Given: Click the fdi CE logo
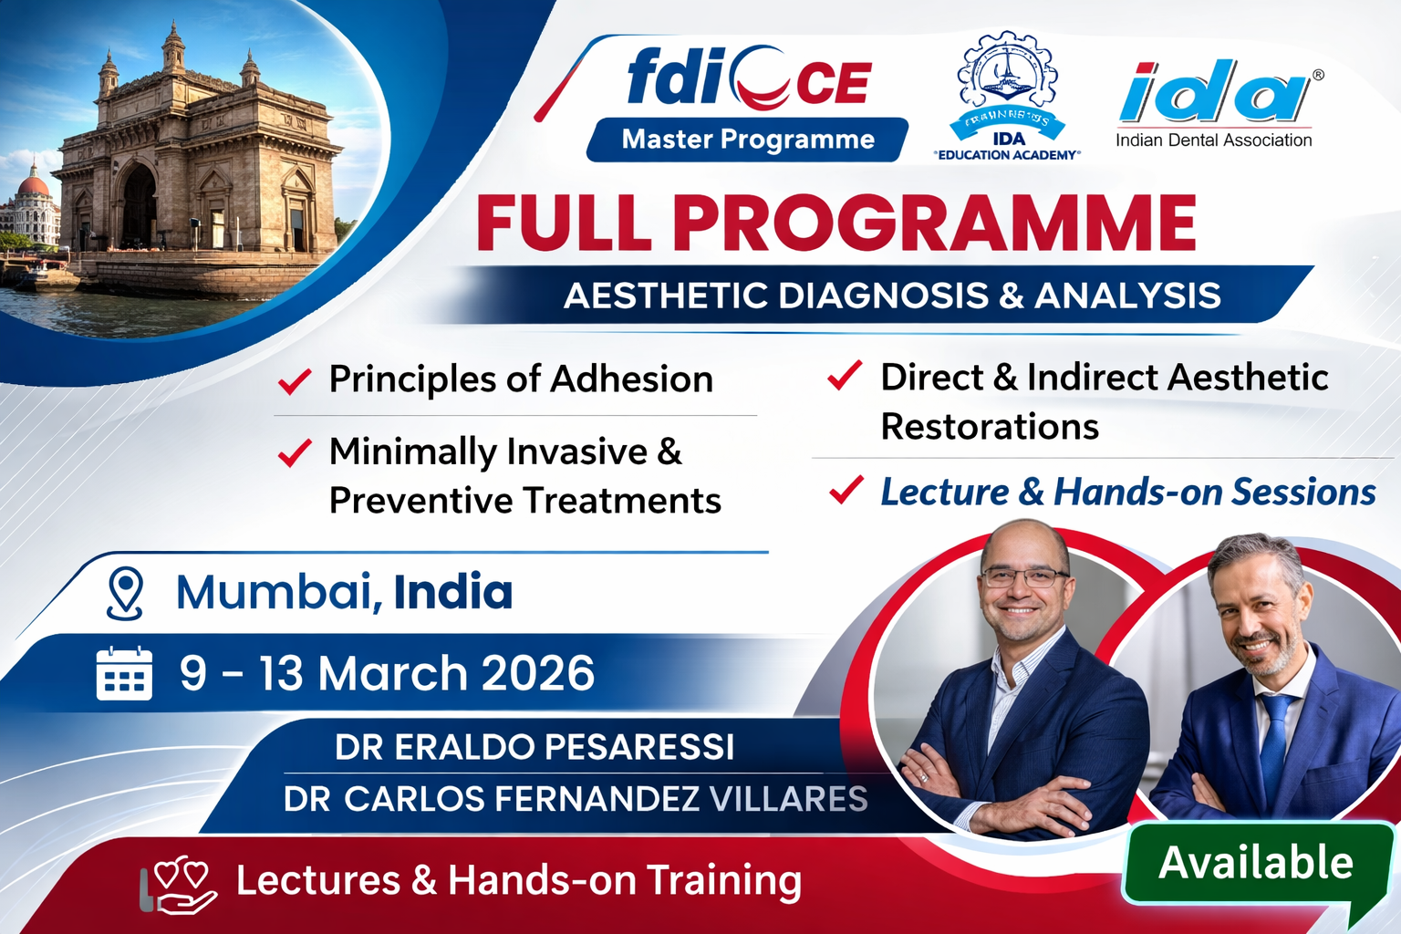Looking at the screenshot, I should tap(748, 80).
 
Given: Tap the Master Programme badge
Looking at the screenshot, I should tap(748, 140).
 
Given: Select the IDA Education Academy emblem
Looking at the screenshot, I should tap(1008, 96).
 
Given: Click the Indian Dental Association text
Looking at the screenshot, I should tap(1213, 140).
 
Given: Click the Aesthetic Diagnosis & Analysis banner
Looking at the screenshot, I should tap(891, 296).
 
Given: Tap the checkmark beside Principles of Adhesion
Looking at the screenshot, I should tap(295, 380).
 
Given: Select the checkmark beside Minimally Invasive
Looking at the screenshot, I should tap(295, 452).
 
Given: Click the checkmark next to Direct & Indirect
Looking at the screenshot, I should tap(845, 375).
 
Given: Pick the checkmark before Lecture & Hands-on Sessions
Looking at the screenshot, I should tap(846, 491).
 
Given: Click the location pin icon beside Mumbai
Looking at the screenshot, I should tap(125, 594).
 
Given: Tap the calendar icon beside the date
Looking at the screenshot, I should tap(124, 674).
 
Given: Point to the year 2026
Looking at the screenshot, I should tap(538, 674).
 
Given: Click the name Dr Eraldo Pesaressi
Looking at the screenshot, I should tap(534, 747).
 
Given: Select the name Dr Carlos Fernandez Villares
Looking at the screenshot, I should tap(575, 799).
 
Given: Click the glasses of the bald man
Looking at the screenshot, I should tap(1022, 577).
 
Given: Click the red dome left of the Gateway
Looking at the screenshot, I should tap(34, 185).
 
